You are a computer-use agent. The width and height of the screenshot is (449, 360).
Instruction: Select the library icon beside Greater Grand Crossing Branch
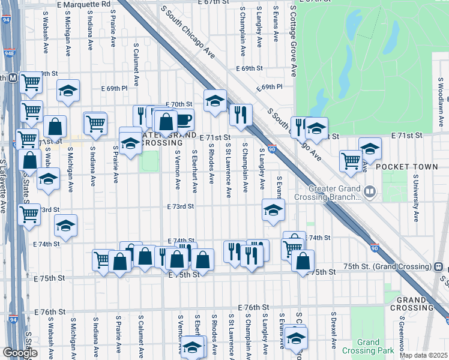pyautogui.click(x=370, y=193)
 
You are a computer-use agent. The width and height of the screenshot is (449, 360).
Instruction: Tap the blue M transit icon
pyautogui.click(x=12, y=78)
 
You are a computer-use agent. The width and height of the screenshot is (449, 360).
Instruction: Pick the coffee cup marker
pyautogui.click(x=184, y=119)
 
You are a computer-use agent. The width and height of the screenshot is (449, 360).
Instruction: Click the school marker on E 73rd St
pyautogui.click(x=273, y=210)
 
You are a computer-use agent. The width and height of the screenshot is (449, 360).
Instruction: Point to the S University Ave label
pyautogui.click(x=415, y=198)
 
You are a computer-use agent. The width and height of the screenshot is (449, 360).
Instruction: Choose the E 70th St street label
pyautogui.click(x=181, y=104)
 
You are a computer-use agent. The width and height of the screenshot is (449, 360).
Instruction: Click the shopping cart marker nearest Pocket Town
pyautogui.click(x=351, y=160)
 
